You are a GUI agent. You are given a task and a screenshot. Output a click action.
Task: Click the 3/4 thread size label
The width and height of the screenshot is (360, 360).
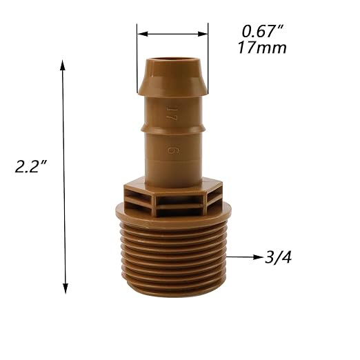tap(278, 258)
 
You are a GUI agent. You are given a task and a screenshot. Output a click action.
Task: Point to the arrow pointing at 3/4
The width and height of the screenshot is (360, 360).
tap(245, 257)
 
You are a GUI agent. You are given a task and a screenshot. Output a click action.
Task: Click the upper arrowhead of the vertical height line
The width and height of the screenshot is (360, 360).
tap(65, 66)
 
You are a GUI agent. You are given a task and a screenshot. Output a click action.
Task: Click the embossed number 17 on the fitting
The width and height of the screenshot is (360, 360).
tap(170, 110)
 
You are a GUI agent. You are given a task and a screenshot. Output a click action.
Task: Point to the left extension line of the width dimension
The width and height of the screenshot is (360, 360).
tap(137, 59)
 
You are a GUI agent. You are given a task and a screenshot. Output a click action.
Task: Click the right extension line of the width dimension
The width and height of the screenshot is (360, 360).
tap(208, 59)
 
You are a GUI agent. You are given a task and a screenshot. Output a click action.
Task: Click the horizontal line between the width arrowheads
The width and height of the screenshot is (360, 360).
tap(172, 32)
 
